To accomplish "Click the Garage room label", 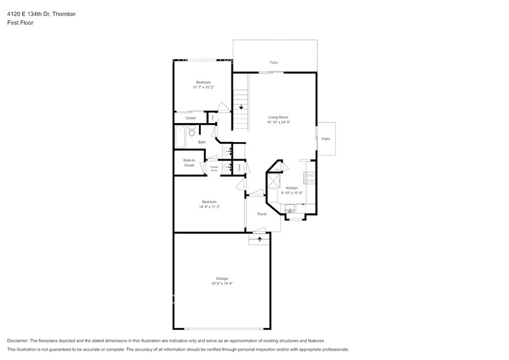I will point(221,279).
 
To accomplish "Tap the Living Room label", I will point(278,117).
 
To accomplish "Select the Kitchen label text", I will point(292,188).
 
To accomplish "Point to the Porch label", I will point(262,214).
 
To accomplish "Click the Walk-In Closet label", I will point(189,163).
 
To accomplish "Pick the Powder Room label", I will point(214,168).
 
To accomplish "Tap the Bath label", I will point(202,142).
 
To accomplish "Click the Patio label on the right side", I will point(326,139).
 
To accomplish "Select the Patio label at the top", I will point(274,62).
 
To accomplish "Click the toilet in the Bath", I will point(192,132).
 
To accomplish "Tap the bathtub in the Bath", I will point(181,137).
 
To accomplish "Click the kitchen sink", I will point(290,210).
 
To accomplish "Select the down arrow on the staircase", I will point(241,107).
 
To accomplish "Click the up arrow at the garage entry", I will point(260,239).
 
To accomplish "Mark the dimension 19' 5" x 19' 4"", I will point(221,283).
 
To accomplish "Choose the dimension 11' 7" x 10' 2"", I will point(203,88).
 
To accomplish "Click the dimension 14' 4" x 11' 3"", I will point(209,207).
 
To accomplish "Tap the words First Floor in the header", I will point(21,23).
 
